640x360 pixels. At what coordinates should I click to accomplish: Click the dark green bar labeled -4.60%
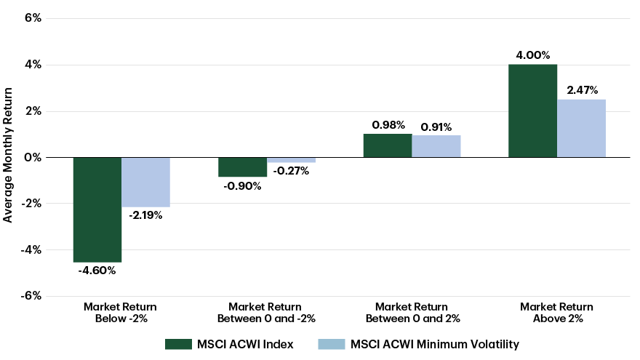point(97,209)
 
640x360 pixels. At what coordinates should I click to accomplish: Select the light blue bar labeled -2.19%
point(145,182)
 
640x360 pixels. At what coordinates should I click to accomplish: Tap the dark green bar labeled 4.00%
point(532,111)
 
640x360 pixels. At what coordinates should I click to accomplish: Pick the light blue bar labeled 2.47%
point(581,128)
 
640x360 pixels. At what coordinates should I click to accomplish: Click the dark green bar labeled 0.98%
point(388,145)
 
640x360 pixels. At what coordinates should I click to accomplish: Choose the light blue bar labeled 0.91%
point(436,146)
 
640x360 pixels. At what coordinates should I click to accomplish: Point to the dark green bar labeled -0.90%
point(243,167)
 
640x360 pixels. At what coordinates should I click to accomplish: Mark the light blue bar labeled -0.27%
point(291,160)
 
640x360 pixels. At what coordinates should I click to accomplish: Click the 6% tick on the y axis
point(32,18)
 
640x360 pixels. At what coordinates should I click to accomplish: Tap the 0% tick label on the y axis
point(32,157)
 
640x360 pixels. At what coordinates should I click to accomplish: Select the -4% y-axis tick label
point(30,249)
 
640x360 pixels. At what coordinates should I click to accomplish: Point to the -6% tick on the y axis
point(30,296)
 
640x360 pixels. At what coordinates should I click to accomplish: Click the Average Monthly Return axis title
point(8,155)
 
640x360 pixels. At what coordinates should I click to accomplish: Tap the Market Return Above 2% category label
point(556,313)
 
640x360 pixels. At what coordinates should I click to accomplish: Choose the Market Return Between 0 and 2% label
point(412,313)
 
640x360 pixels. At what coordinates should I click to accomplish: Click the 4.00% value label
point(532,55)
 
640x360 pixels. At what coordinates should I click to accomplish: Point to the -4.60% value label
point(97,271)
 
